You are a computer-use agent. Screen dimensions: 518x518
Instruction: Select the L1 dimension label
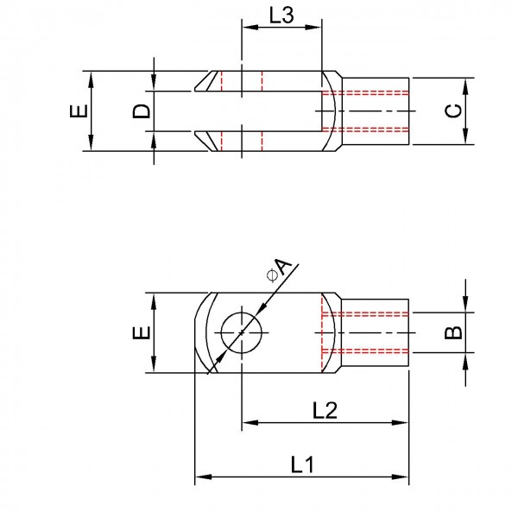click(300, 464)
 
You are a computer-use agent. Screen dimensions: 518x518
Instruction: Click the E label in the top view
click(78, 111)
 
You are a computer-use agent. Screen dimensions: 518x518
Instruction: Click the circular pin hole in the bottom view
click(243, 332)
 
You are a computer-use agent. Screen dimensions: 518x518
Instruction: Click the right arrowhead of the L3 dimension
click(319, 27)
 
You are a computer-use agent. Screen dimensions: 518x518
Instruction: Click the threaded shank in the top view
click(376, 111)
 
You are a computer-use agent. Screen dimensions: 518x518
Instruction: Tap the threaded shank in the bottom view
click(376, 332)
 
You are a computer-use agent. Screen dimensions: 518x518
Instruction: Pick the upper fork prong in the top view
click(259, 80)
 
